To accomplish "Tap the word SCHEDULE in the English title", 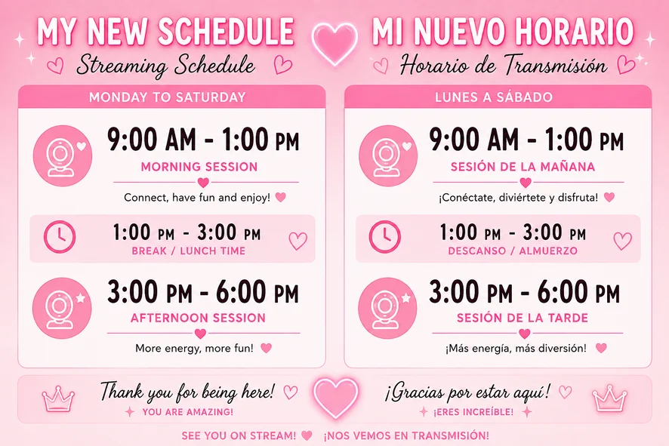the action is click(x=226, y=31).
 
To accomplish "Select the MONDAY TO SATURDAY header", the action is click(x=168, y=97).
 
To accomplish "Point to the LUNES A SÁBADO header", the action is click(x=494, y=97).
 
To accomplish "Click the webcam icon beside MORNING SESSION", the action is click(x=63, y=155).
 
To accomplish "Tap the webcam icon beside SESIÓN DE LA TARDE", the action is click(x=388, y=309).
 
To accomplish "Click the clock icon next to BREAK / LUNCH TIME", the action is click(x=60, y=237).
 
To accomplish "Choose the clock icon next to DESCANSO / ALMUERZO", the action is click(x=385, y=237).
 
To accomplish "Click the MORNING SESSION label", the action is click(x=199, y=167).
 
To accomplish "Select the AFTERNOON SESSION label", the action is click(x=198, y=318).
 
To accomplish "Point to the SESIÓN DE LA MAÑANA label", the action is click(x=523, y=167).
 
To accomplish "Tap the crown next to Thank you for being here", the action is click(x=58, y=398).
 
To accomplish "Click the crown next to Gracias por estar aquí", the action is click(x=609, y=398).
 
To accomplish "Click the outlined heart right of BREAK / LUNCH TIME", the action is click(x=298, y=241).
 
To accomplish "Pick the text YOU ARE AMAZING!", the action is click(x=188, y=412).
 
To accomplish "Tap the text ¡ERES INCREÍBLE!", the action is click(x=473, y=412).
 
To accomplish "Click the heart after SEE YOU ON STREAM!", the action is click(x=307, y=435).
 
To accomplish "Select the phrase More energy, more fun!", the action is click(x=194, y=349).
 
